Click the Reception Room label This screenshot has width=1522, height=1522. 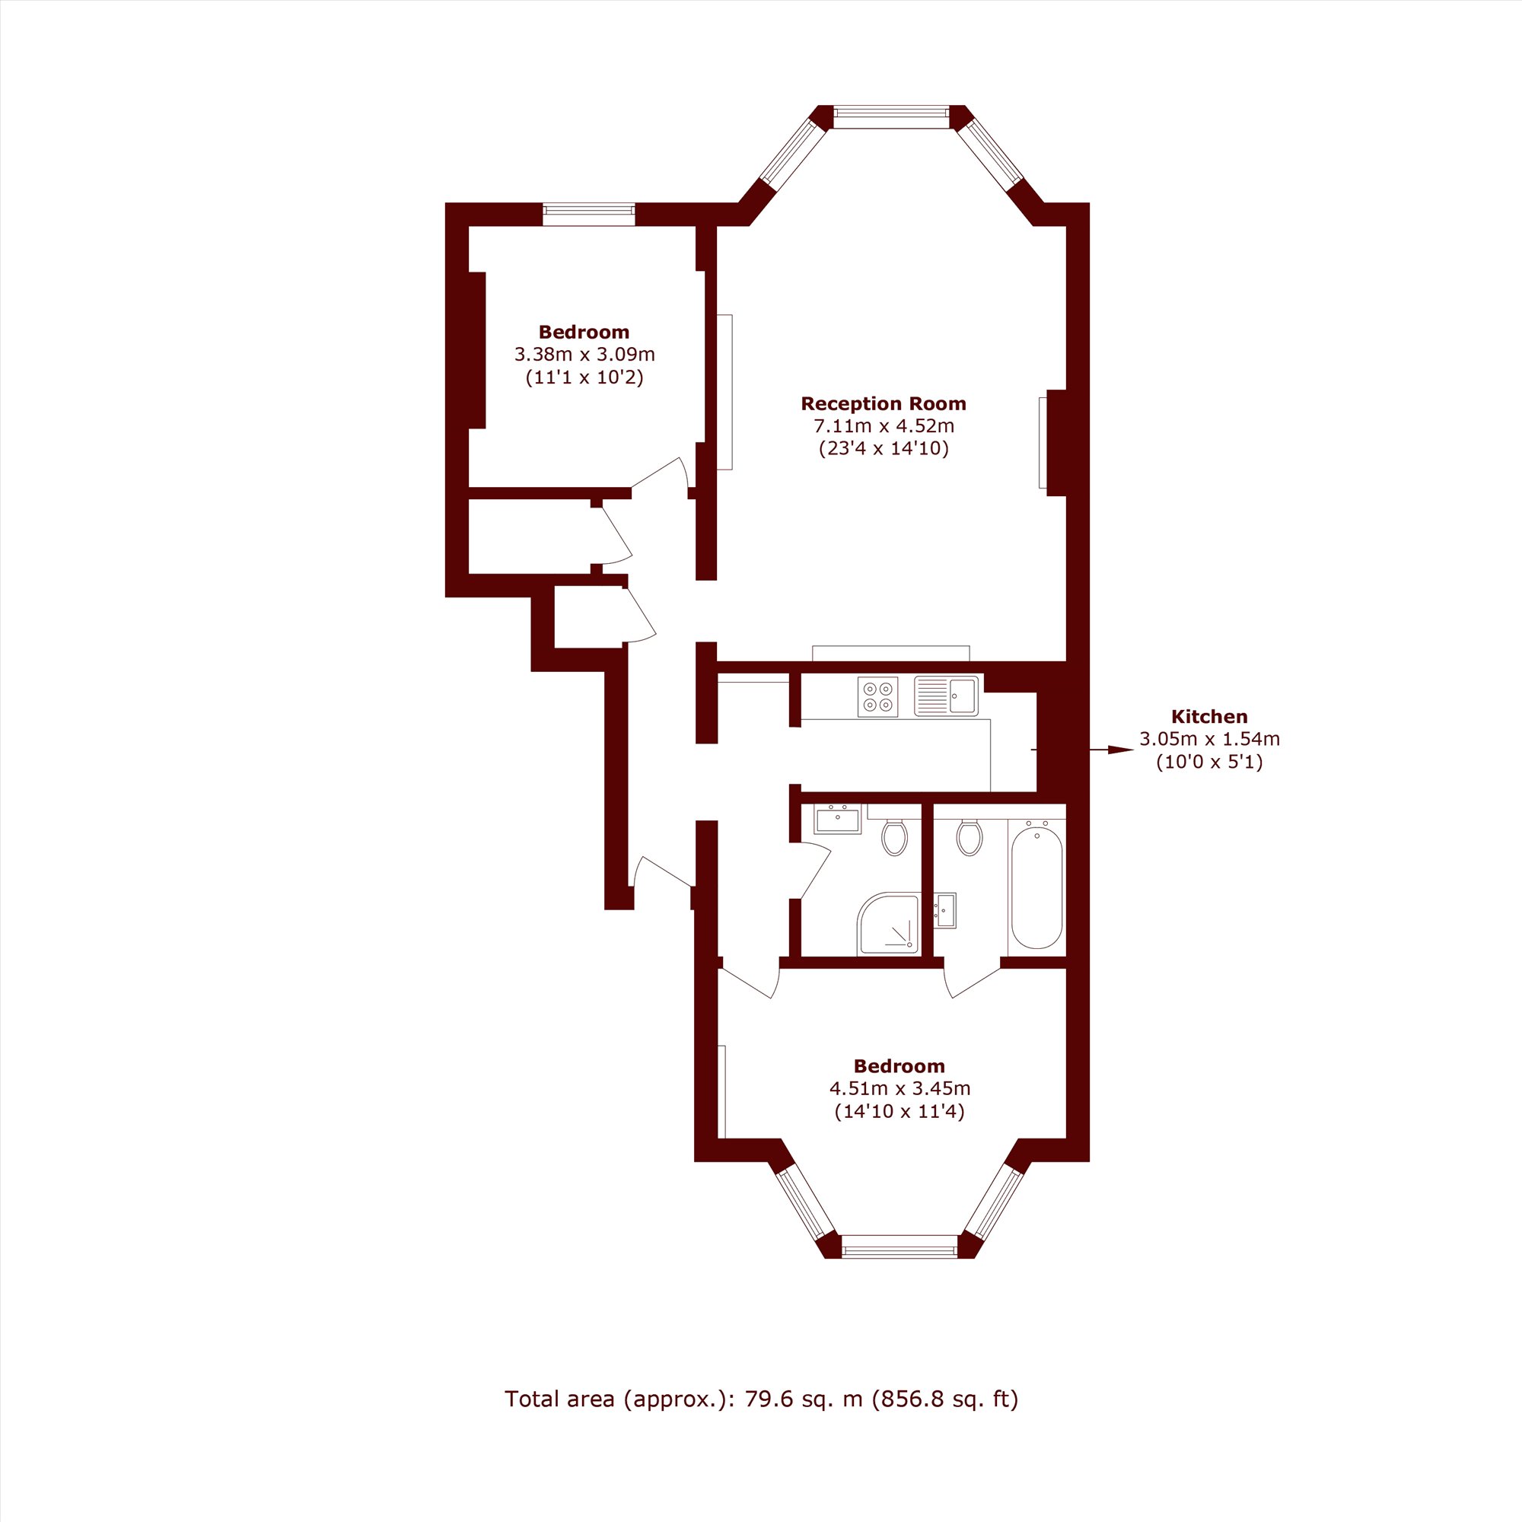coord(883,403)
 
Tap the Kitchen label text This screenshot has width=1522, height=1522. coord(1209,717)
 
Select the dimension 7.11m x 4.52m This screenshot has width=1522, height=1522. coord(883,426)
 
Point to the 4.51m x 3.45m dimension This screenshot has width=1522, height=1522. coord(900,1089)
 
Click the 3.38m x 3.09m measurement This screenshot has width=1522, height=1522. coord(584,355)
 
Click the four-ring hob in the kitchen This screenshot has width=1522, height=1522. coord(877,697)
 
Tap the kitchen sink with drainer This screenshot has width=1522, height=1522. coord(946,696)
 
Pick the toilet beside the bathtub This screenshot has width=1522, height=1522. coord(970,837)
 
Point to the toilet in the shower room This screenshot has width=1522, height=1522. coord(895,837)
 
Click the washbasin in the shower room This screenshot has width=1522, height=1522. coord(837,820)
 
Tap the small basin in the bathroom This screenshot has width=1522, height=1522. coord(944,911)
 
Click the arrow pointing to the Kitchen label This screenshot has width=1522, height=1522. coord(1112,750)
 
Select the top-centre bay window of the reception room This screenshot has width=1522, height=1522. coord(892,116)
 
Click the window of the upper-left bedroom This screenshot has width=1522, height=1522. coord(588,215)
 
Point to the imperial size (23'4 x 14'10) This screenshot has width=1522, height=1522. coord(884,449)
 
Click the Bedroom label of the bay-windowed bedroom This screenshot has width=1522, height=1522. coord(900,1066)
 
